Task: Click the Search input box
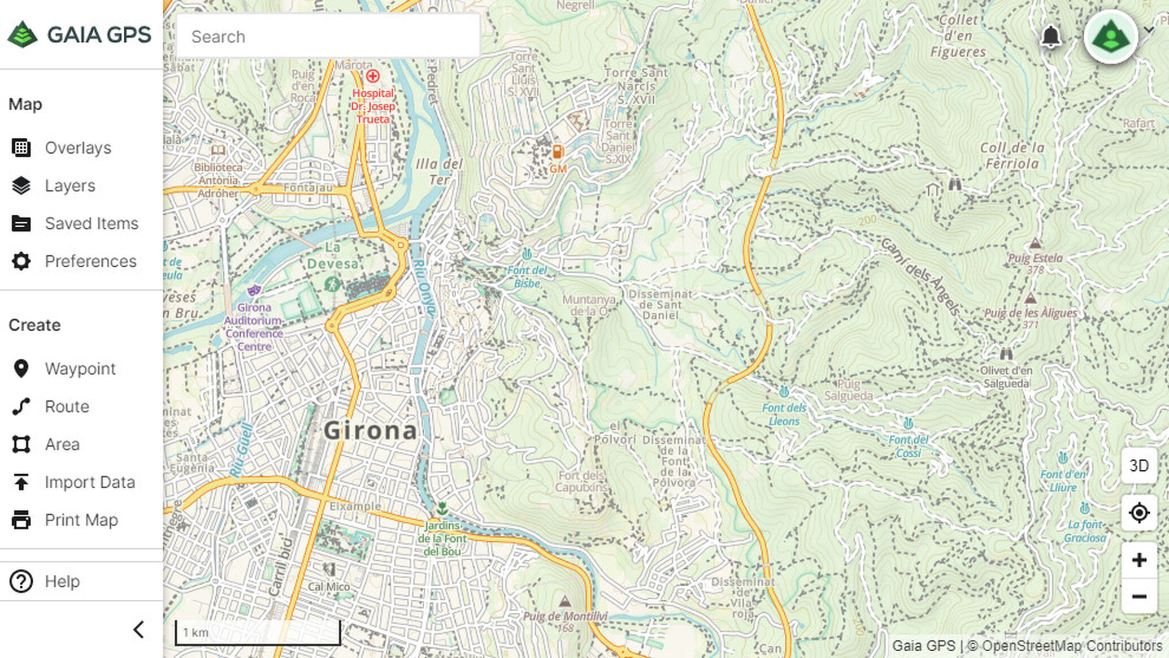click(x=328, y=37)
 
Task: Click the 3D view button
click(x=1138, y=466)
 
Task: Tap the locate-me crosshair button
click(x=1138, y=513)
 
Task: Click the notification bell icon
click(x=1050, y=37)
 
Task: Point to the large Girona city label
click(x=370, y=431)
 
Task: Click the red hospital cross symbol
click(x=372, y=76)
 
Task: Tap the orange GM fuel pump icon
click(x=557, y=152)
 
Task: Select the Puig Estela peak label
click(x=1035, y=258)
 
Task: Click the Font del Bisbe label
click(x=527, y=276)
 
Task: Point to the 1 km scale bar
click(x=258, y=633)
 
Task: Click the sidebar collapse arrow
click(x=138, y=630)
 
